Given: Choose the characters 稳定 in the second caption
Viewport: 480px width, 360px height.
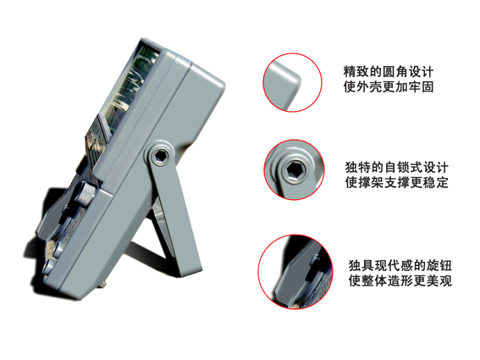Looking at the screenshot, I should point(435,182).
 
